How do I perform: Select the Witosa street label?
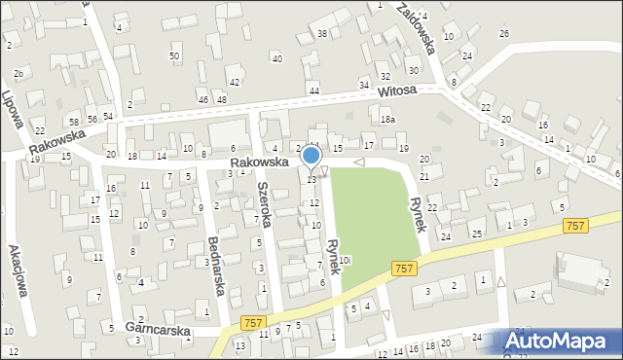pyautogui.click(x=397, y=90)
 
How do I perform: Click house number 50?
pyautogui.click(x=174, y=56)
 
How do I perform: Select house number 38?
pyautogui.click(x=321, y=34)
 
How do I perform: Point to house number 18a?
pyautogui.click(x=387, y=119)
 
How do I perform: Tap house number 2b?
pyautogui.click(x=18, y=74)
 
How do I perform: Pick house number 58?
pyautogui.click(x=73, y=121)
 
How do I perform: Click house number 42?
pyautogui.click(x=235, y=82)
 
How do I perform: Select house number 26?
pyautogui.click(x=504, y=34)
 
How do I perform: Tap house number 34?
pyautogui.click(x=364, y=86)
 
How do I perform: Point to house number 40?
pyautogui.click(x=276, y=59)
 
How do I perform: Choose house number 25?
pyautogui.click(x=477, y=234)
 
